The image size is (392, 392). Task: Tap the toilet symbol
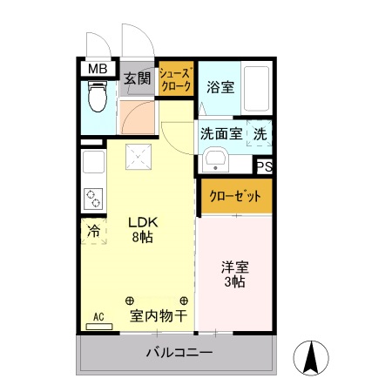[98, 97]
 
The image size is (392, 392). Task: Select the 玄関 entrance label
[137, 78]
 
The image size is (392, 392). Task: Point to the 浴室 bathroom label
[220, 86]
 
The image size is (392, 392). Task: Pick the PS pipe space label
[264, 166]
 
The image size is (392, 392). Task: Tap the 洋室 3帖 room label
[233, 275]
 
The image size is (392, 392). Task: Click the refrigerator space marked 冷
[93, 233]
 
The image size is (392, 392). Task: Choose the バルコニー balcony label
[179, 354]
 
